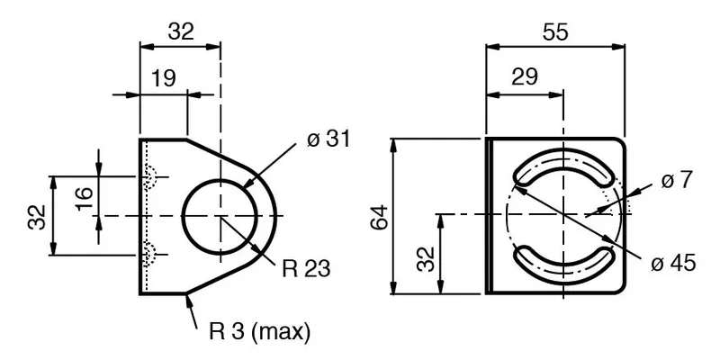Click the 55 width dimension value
click(x=555, y=32)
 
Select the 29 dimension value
click(x=524, y=76)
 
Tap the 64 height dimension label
click(x=381, y=218)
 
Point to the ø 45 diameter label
click(x=673, y=263)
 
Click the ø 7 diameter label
click(x=676, y=181)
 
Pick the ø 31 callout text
click(x=328, y=139)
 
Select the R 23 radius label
click(x=306, y=269)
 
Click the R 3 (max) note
click(x=259, y=331)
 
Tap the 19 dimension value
click(x=164, y=78)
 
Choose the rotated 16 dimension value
click(x=85, y=198)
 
